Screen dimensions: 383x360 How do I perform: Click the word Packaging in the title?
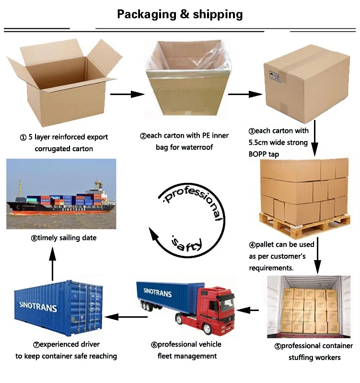146,14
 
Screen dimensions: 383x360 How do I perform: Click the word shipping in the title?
218,14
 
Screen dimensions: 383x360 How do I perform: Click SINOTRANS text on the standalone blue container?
38,307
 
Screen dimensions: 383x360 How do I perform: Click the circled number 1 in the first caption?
23,137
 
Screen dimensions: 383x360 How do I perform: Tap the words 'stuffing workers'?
314,358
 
